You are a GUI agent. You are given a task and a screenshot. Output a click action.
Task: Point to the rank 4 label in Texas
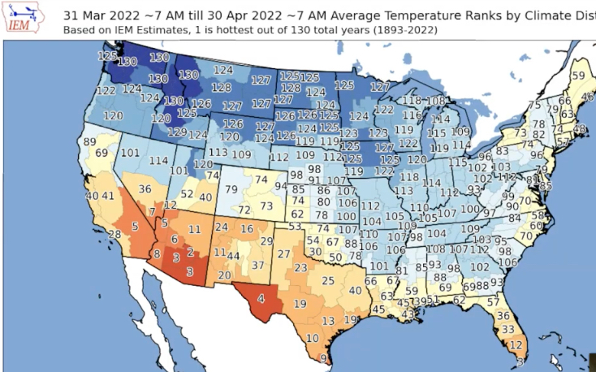[261, 297]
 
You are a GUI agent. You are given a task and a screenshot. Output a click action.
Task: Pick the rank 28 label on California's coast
[115, 234]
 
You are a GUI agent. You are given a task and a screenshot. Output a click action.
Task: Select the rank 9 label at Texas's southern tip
[324, 358]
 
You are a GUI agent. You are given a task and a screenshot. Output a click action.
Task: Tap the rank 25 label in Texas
[328, 281]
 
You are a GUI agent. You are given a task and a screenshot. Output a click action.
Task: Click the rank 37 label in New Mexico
[257, 265]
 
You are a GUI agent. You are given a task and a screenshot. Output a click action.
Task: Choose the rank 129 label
[176, 132]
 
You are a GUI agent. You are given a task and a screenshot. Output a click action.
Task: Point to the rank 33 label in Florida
[508, 329]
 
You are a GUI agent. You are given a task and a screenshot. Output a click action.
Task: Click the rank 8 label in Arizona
[158, 254]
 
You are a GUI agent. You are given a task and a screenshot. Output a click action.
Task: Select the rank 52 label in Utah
[188, 194]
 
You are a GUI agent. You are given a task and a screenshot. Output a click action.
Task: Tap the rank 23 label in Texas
[300, 267]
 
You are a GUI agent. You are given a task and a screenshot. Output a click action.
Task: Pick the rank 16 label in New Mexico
[247, 230]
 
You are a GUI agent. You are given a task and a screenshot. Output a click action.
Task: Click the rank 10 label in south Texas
[312, 338]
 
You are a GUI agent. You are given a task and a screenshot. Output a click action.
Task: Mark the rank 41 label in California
[108, 196]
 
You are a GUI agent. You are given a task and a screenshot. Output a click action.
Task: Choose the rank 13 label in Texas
[327, 321]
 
